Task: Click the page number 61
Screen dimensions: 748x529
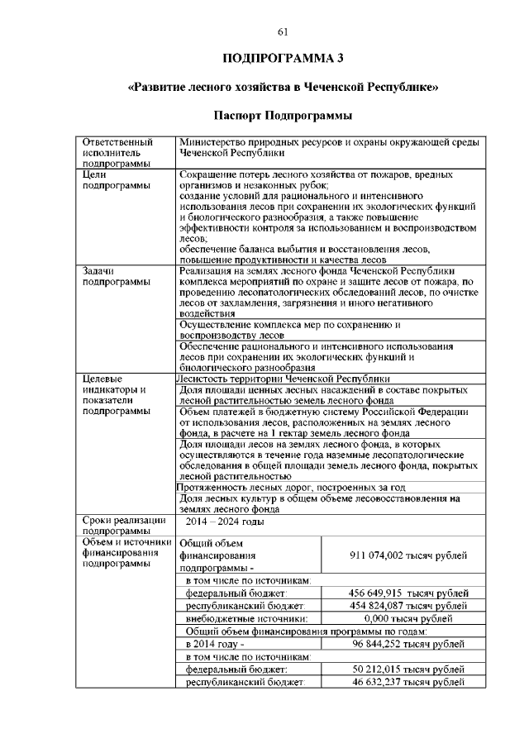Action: click(x=282, y=31)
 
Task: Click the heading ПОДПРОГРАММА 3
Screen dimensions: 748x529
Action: click(x=282, y=58)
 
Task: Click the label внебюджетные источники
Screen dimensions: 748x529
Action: click(x=246, y=618)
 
